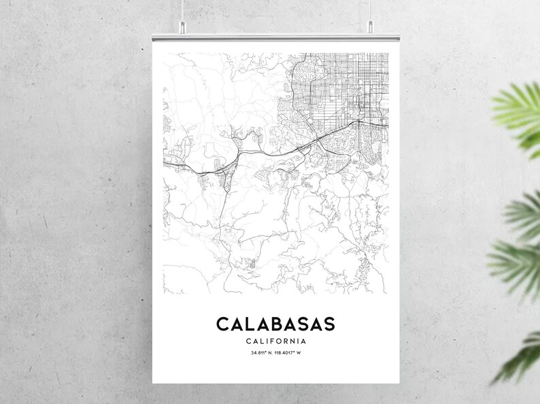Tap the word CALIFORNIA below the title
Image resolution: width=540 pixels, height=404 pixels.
click(x=275, y=341)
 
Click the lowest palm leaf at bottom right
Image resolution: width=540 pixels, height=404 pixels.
click(x=520, y=360)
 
